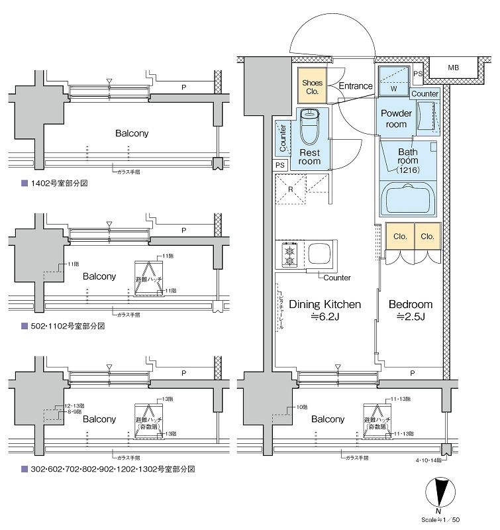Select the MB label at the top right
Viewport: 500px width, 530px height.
453,68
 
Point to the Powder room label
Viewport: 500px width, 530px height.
397,119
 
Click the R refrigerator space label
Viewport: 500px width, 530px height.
290,189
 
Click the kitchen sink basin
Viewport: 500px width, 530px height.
319,254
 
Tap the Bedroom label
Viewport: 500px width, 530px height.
410,305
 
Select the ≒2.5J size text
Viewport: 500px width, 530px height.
411,317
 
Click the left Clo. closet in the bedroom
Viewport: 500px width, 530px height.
399,236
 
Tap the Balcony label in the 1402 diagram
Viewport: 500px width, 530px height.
131,133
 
